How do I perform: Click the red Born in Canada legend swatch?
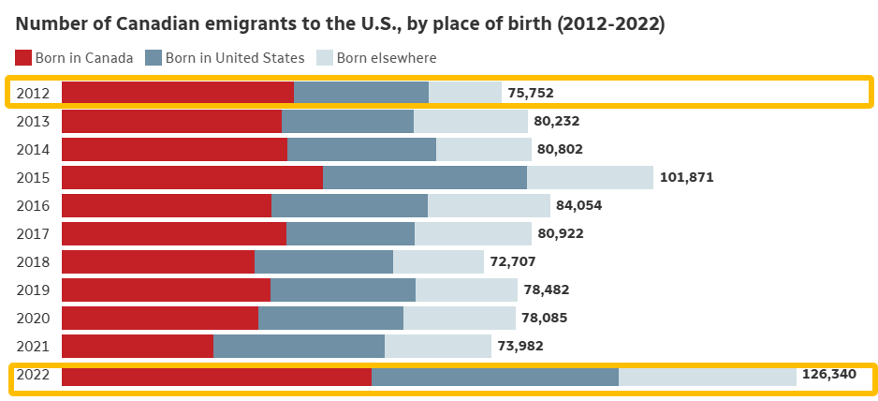23,58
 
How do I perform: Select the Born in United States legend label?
235,58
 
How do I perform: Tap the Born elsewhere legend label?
387,58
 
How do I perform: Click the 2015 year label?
33,178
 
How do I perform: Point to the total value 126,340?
828,374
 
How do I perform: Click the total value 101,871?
686,178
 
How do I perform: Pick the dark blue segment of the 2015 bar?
425,178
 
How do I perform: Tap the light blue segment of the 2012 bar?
465,93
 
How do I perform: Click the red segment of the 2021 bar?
138,346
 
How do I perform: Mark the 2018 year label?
33,262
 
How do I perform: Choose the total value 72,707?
512,262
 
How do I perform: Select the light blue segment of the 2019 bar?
466,290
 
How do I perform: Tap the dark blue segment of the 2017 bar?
350,234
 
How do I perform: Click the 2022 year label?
33,374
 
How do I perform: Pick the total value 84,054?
579,206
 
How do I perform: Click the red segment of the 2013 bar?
172,121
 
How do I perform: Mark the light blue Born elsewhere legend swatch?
325,58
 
